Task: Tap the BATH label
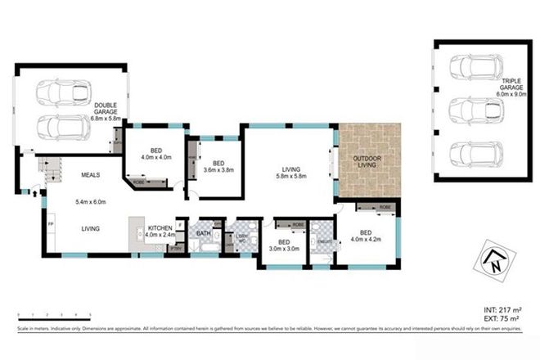click(x=203, y=233)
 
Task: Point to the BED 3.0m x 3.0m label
click(x=283, y=247)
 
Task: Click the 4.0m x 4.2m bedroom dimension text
click(x=367, y=239)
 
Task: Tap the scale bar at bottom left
click(x=53, y=313)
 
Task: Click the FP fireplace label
click(x=52, y=223)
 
